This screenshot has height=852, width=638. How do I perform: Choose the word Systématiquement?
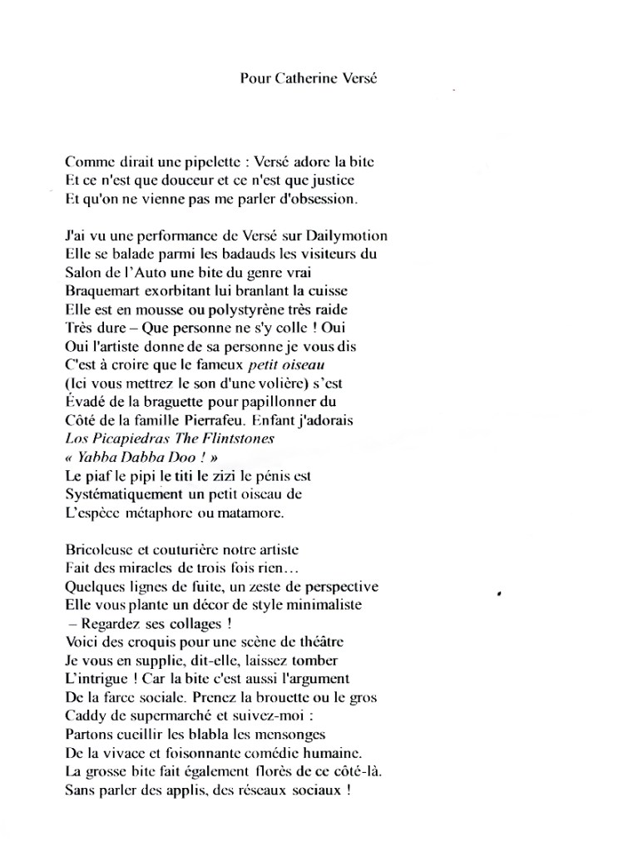[122, 494]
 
